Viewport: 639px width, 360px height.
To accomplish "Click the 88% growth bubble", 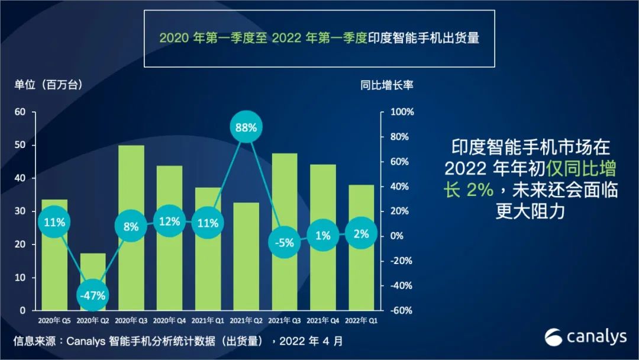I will coord(246,127).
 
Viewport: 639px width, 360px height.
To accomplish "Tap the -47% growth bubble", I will coord(92,295).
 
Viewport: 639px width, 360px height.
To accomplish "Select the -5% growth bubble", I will coord(284,242).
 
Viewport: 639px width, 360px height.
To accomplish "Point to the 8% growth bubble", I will coord(131,226).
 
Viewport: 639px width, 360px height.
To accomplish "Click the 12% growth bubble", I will coord(169,221).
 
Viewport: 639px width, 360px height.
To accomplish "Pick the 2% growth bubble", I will coord(361,234).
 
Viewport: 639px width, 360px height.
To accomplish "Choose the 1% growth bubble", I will coord(322,236).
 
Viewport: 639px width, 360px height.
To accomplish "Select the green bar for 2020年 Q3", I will coord(131,178).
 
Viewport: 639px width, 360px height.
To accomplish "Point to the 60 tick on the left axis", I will coord(20,112).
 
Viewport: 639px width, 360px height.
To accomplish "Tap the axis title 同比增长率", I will coord(387,85).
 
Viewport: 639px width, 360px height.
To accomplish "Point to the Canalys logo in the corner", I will coord(585,337).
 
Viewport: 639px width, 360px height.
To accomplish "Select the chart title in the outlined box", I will coord(319,38).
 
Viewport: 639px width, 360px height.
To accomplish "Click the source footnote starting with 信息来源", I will coord(177,341).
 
